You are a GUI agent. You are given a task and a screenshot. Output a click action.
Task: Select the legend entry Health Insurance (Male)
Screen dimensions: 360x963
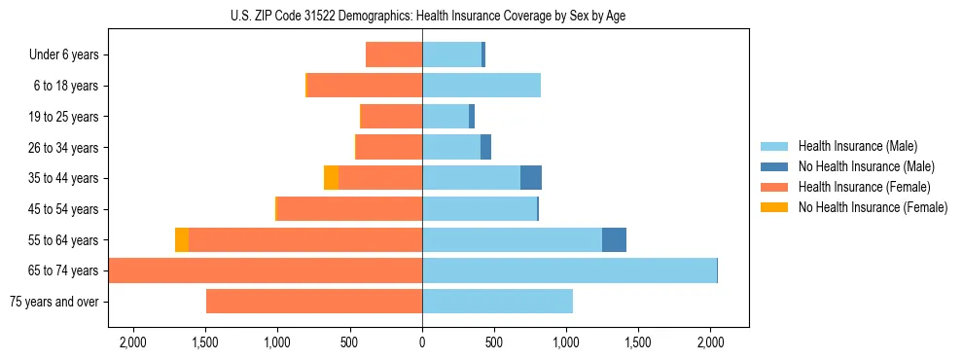(x=857, y=146)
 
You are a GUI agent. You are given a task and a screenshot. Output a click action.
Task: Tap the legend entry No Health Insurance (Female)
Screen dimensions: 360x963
(x=873, y=207)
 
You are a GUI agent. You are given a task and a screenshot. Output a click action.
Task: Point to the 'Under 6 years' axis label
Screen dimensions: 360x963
(x=64, y=55)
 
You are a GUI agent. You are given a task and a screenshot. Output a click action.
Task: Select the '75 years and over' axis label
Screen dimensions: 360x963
(x=53, y=302)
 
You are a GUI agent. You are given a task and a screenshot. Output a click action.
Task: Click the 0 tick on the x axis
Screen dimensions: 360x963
(x=422, y=342)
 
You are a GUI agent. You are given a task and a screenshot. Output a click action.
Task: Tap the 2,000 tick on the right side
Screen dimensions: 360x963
(x=710, y=342)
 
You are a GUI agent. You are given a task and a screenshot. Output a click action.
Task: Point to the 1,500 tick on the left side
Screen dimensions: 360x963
(x=206, y=342)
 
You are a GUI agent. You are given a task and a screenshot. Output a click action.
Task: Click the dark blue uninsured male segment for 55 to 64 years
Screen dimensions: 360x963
(x=614, y=240)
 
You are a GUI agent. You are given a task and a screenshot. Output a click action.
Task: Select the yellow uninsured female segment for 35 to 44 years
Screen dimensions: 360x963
(x=331, y=178)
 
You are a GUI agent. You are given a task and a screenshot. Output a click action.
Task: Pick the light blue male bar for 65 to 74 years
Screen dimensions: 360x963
(x=569, y=270)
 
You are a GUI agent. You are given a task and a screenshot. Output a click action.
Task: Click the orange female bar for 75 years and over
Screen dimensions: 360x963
(x=314, y=302)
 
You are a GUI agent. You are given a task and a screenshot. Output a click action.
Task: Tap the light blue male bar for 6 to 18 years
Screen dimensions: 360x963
(x=481, y=86)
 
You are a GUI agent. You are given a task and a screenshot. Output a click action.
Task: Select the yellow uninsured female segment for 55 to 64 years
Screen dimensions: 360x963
(x=182, y=240)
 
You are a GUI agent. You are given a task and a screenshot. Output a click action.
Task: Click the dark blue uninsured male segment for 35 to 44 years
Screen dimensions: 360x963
(x=531, y=178)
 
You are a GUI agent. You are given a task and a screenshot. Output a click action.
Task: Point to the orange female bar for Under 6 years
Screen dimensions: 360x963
(x=394, y=55)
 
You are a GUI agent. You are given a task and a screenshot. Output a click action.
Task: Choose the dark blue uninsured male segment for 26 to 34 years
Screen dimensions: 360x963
(x=485, y=148)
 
